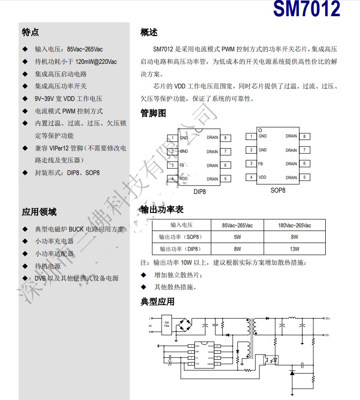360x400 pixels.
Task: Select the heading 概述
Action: coord(149,32)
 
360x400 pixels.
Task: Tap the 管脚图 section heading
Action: coord(153,113)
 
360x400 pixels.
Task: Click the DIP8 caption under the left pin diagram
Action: coord(200,191)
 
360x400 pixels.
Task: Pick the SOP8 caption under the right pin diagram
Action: coord(278,190)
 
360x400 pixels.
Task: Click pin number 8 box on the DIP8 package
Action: coord(225,137)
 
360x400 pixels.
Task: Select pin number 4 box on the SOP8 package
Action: coord(251,177)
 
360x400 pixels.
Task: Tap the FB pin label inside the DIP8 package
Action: coord(183,165)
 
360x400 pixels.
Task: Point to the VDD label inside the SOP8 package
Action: coord(262,177)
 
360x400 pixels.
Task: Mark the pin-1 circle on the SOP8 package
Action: coord(260,130)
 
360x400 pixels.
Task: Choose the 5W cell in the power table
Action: coord(237,237)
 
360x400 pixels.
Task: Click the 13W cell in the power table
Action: coord(295,249)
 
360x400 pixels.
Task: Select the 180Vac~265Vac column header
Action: coord(295,225)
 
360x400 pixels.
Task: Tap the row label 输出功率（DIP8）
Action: coord(181,249)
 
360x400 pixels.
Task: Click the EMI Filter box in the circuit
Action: coord(167,325)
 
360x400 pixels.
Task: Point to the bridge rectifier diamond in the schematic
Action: coord(188,325)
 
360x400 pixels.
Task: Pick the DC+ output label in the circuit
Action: coord(328,318)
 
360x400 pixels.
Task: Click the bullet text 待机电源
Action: coord(48,266)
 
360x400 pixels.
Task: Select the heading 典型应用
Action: coord(157,302)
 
